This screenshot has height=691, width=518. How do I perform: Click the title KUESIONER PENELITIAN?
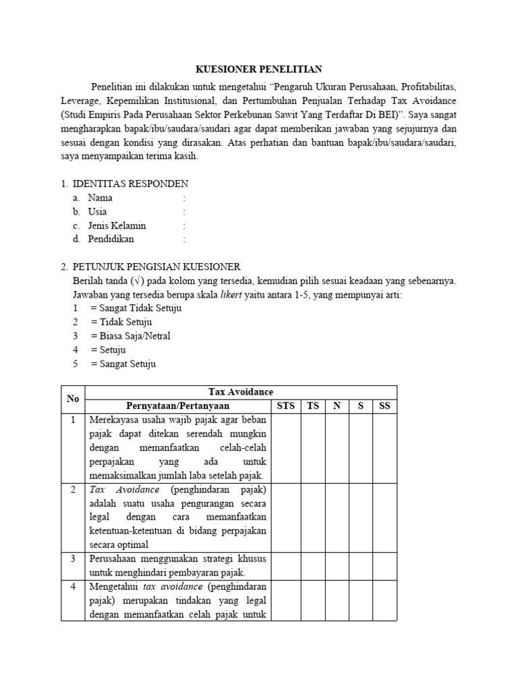259,69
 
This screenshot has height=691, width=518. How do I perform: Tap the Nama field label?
100,198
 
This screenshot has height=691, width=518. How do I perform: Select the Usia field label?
98,211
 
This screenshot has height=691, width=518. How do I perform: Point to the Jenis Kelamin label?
117,225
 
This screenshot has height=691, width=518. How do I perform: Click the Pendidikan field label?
111,239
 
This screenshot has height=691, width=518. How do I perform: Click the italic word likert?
233,294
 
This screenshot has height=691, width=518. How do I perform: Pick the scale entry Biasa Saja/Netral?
130,336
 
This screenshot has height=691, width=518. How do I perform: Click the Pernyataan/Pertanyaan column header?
178,406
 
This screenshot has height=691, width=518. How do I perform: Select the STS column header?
287,406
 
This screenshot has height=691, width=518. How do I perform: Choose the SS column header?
385,406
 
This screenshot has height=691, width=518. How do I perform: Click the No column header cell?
73,399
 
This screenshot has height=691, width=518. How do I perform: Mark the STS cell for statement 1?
287,447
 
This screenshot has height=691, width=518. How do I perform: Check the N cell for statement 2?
337,517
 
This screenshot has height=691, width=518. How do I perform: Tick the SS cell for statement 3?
385,565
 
